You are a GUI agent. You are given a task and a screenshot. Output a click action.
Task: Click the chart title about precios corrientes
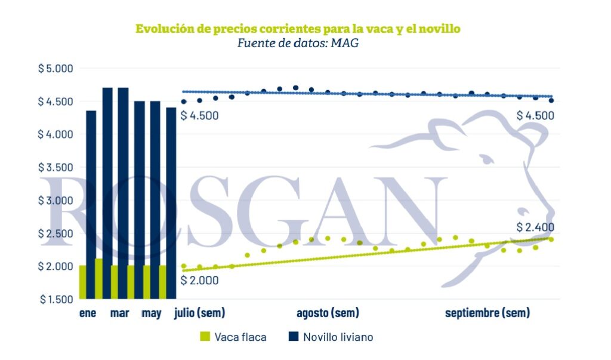(x=298, y=29)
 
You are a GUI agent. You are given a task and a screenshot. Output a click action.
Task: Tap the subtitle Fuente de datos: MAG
(x=298, y=43)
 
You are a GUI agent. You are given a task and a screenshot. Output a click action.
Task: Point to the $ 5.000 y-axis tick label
(x=55, y=68)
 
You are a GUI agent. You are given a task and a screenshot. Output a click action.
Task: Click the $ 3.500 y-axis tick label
(x=55, y=167)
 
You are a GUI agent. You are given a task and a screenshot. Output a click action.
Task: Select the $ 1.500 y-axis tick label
(x=56, y=299)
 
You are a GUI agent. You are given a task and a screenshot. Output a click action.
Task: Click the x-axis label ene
(x=88, y=313)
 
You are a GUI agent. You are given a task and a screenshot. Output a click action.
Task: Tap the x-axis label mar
(x=119, y=313)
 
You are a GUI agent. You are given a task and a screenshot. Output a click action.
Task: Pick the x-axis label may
(x=151, y=313)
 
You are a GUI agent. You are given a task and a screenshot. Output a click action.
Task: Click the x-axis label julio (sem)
(x=199, y=313)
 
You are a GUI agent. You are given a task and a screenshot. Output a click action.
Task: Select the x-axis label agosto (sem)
(x=328, y=313)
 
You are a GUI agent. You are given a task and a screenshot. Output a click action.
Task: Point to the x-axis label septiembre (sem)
(x=487, y=313)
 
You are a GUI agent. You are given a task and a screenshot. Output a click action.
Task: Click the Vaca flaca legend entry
(x=233, y=337)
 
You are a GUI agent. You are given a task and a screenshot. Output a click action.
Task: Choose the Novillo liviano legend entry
(x=331, y=337)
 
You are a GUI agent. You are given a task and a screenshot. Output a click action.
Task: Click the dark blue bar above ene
(x=91, y=205)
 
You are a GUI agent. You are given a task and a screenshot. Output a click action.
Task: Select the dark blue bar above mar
(x=123, y=193)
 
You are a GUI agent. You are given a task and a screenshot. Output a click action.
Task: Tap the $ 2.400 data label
(x=535, y=227)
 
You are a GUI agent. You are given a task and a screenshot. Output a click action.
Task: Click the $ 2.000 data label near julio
(x=199, y=281)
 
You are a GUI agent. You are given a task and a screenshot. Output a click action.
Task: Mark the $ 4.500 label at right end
(x=535, y=115)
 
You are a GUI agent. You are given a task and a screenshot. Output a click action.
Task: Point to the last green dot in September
(x=551, y=239)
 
